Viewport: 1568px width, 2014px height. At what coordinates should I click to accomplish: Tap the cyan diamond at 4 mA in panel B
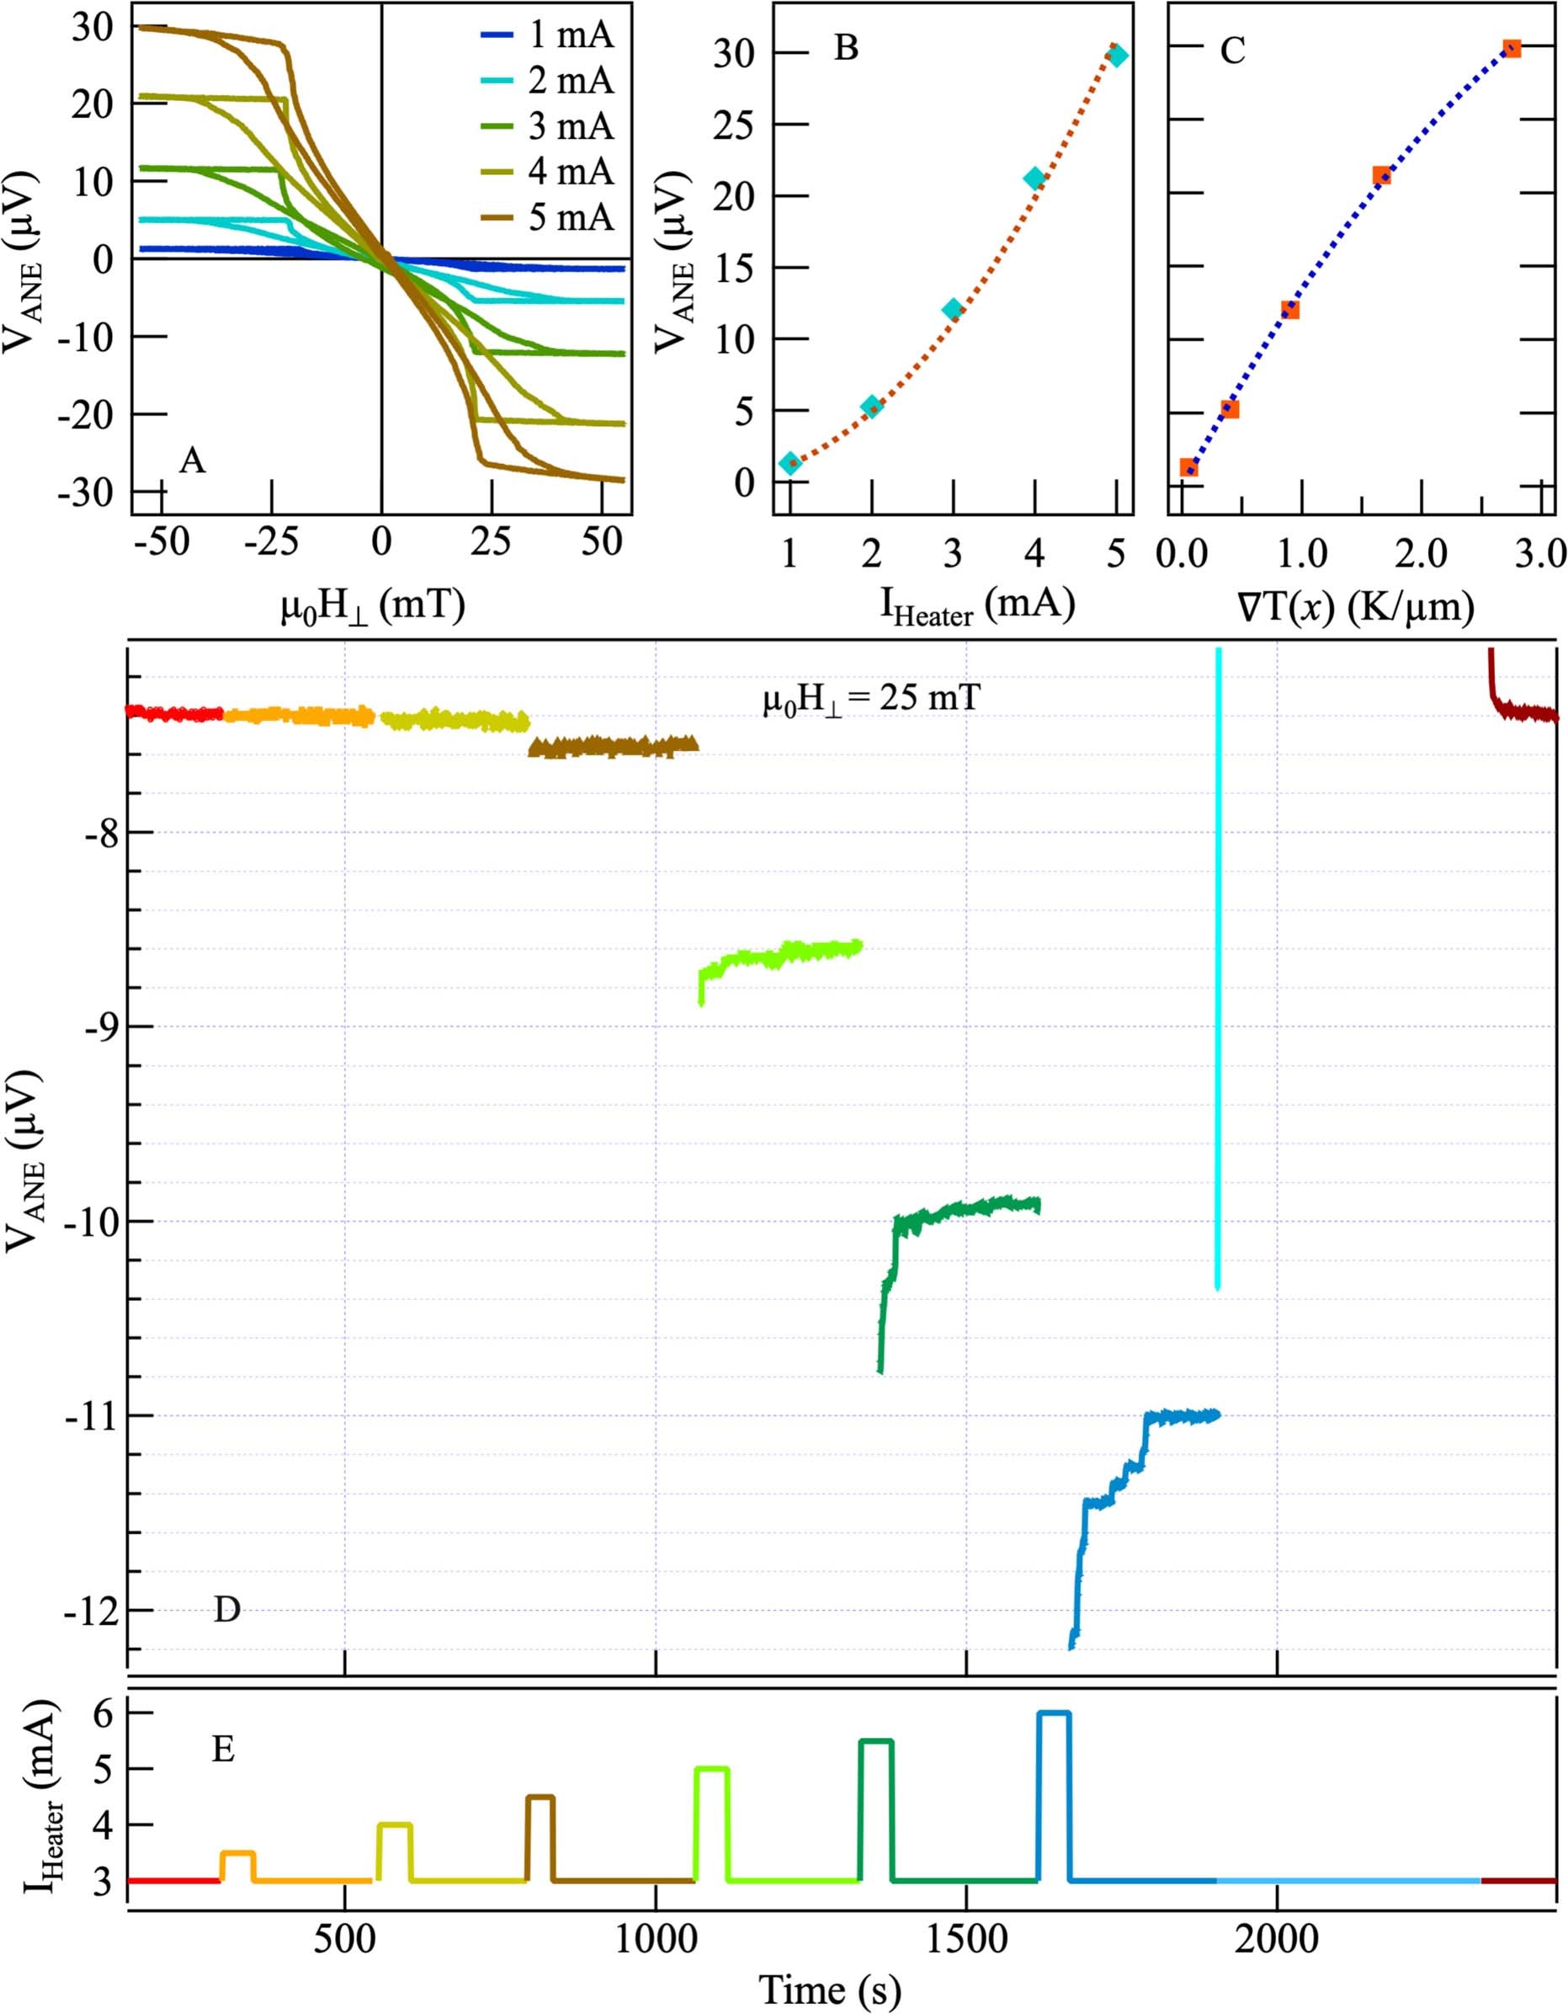point(1034,178)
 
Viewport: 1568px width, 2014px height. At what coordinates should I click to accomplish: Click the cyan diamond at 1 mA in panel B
point(790,463)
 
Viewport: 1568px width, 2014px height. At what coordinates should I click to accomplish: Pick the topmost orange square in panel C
point(1512,48)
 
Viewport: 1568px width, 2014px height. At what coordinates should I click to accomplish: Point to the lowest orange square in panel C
point(1189,467)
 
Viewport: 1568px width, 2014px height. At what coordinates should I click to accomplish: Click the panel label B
point(845,48)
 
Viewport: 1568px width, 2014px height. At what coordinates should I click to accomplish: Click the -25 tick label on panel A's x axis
point(271,542)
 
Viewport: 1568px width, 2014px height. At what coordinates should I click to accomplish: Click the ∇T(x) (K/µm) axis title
point(1355,607)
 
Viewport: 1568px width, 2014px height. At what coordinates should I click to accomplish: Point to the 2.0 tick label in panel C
point(1420,553)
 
